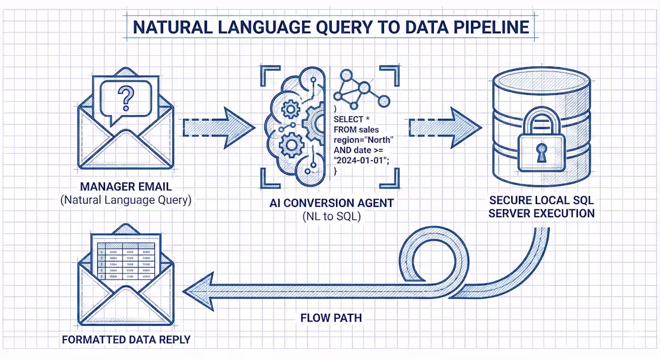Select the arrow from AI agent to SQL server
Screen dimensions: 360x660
(x=445, y=127)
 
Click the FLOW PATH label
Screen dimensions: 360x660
(x=331, y=317)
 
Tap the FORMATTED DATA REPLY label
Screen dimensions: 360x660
(x=126, y=340)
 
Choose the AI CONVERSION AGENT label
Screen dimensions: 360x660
(x=331, y=203)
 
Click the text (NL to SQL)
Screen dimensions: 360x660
(x=331, y=217)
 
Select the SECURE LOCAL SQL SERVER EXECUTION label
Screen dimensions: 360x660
(x=542, y=206)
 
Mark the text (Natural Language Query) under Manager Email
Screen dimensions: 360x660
(x=126, y=200)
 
